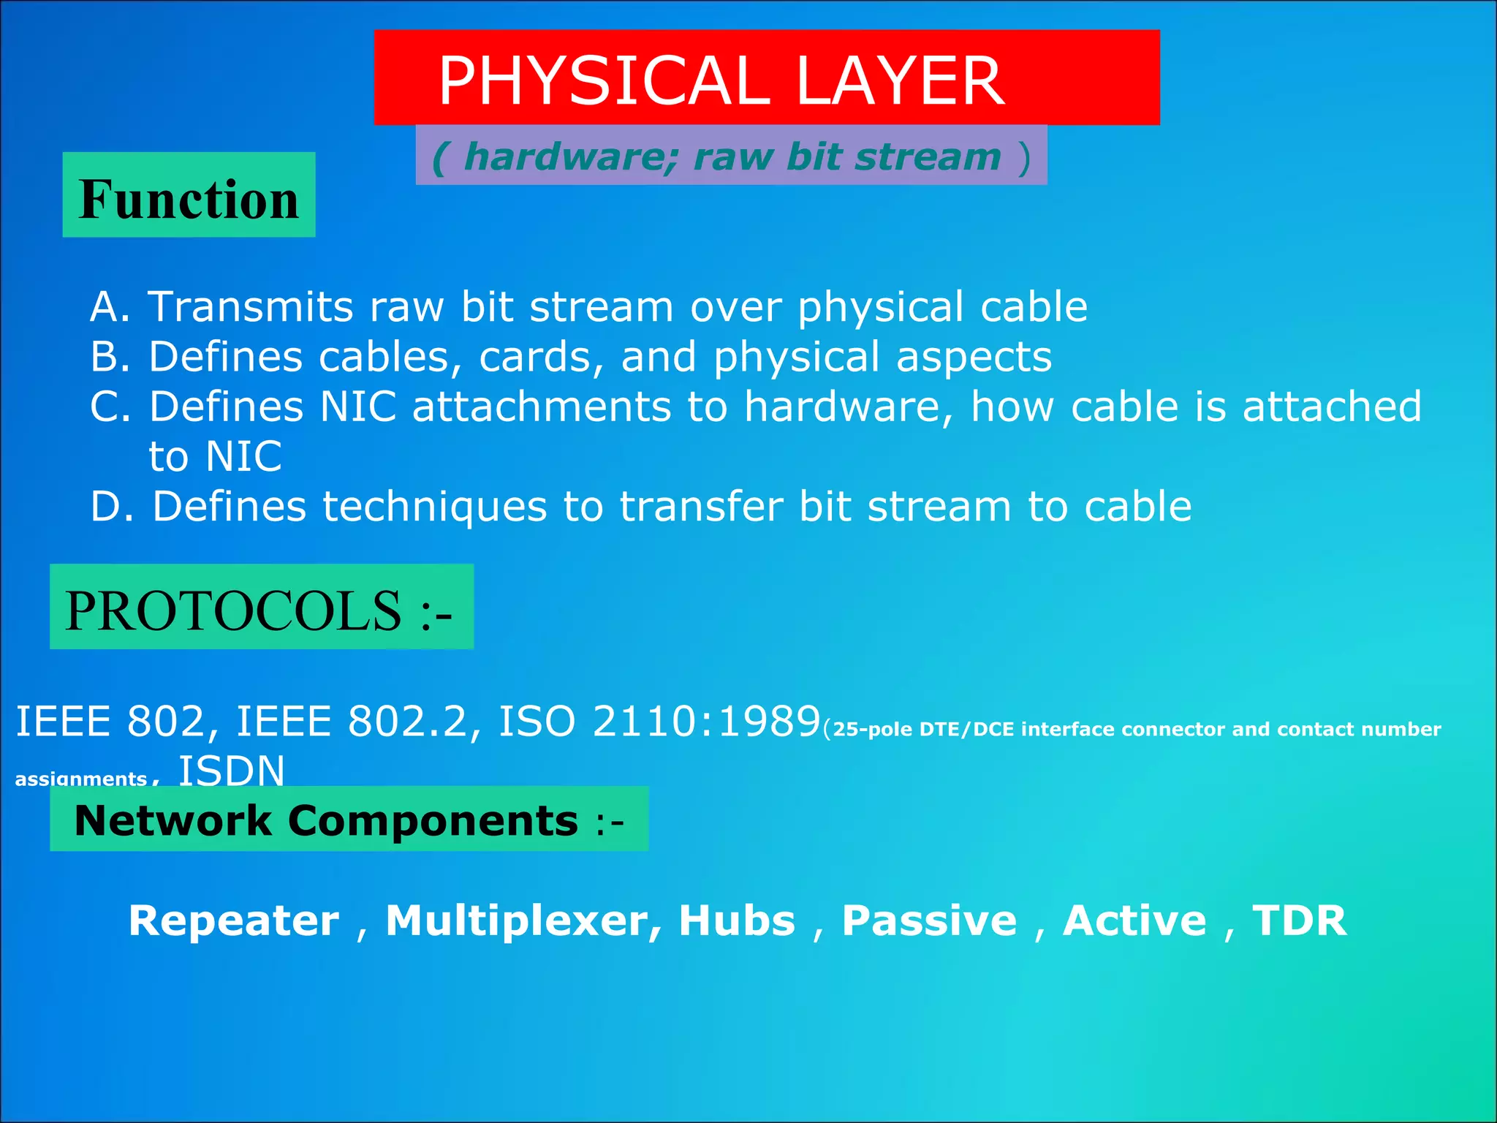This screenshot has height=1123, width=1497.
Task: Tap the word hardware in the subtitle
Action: (571, 157)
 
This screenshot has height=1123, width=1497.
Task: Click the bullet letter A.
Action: (105, 306)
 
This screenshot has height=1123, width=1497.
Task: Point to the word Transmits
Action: (251, 306)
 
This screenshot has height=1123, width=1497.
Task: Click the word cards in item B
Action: (540, 357)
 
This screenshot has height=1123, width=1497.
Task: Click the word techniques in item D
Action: (434, 507)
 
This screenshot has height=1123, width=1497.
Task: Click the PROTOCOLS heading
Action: (260, 610)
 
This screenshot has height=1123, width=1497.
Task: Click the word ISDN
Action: (232, 770)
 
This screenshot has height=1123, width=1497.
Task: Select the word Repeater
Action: (234, 920)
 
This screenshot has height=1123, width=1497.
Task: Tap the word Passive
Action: (929, 920)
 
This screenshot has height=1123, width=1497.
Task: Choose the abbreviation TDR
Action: (1299, 920)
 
